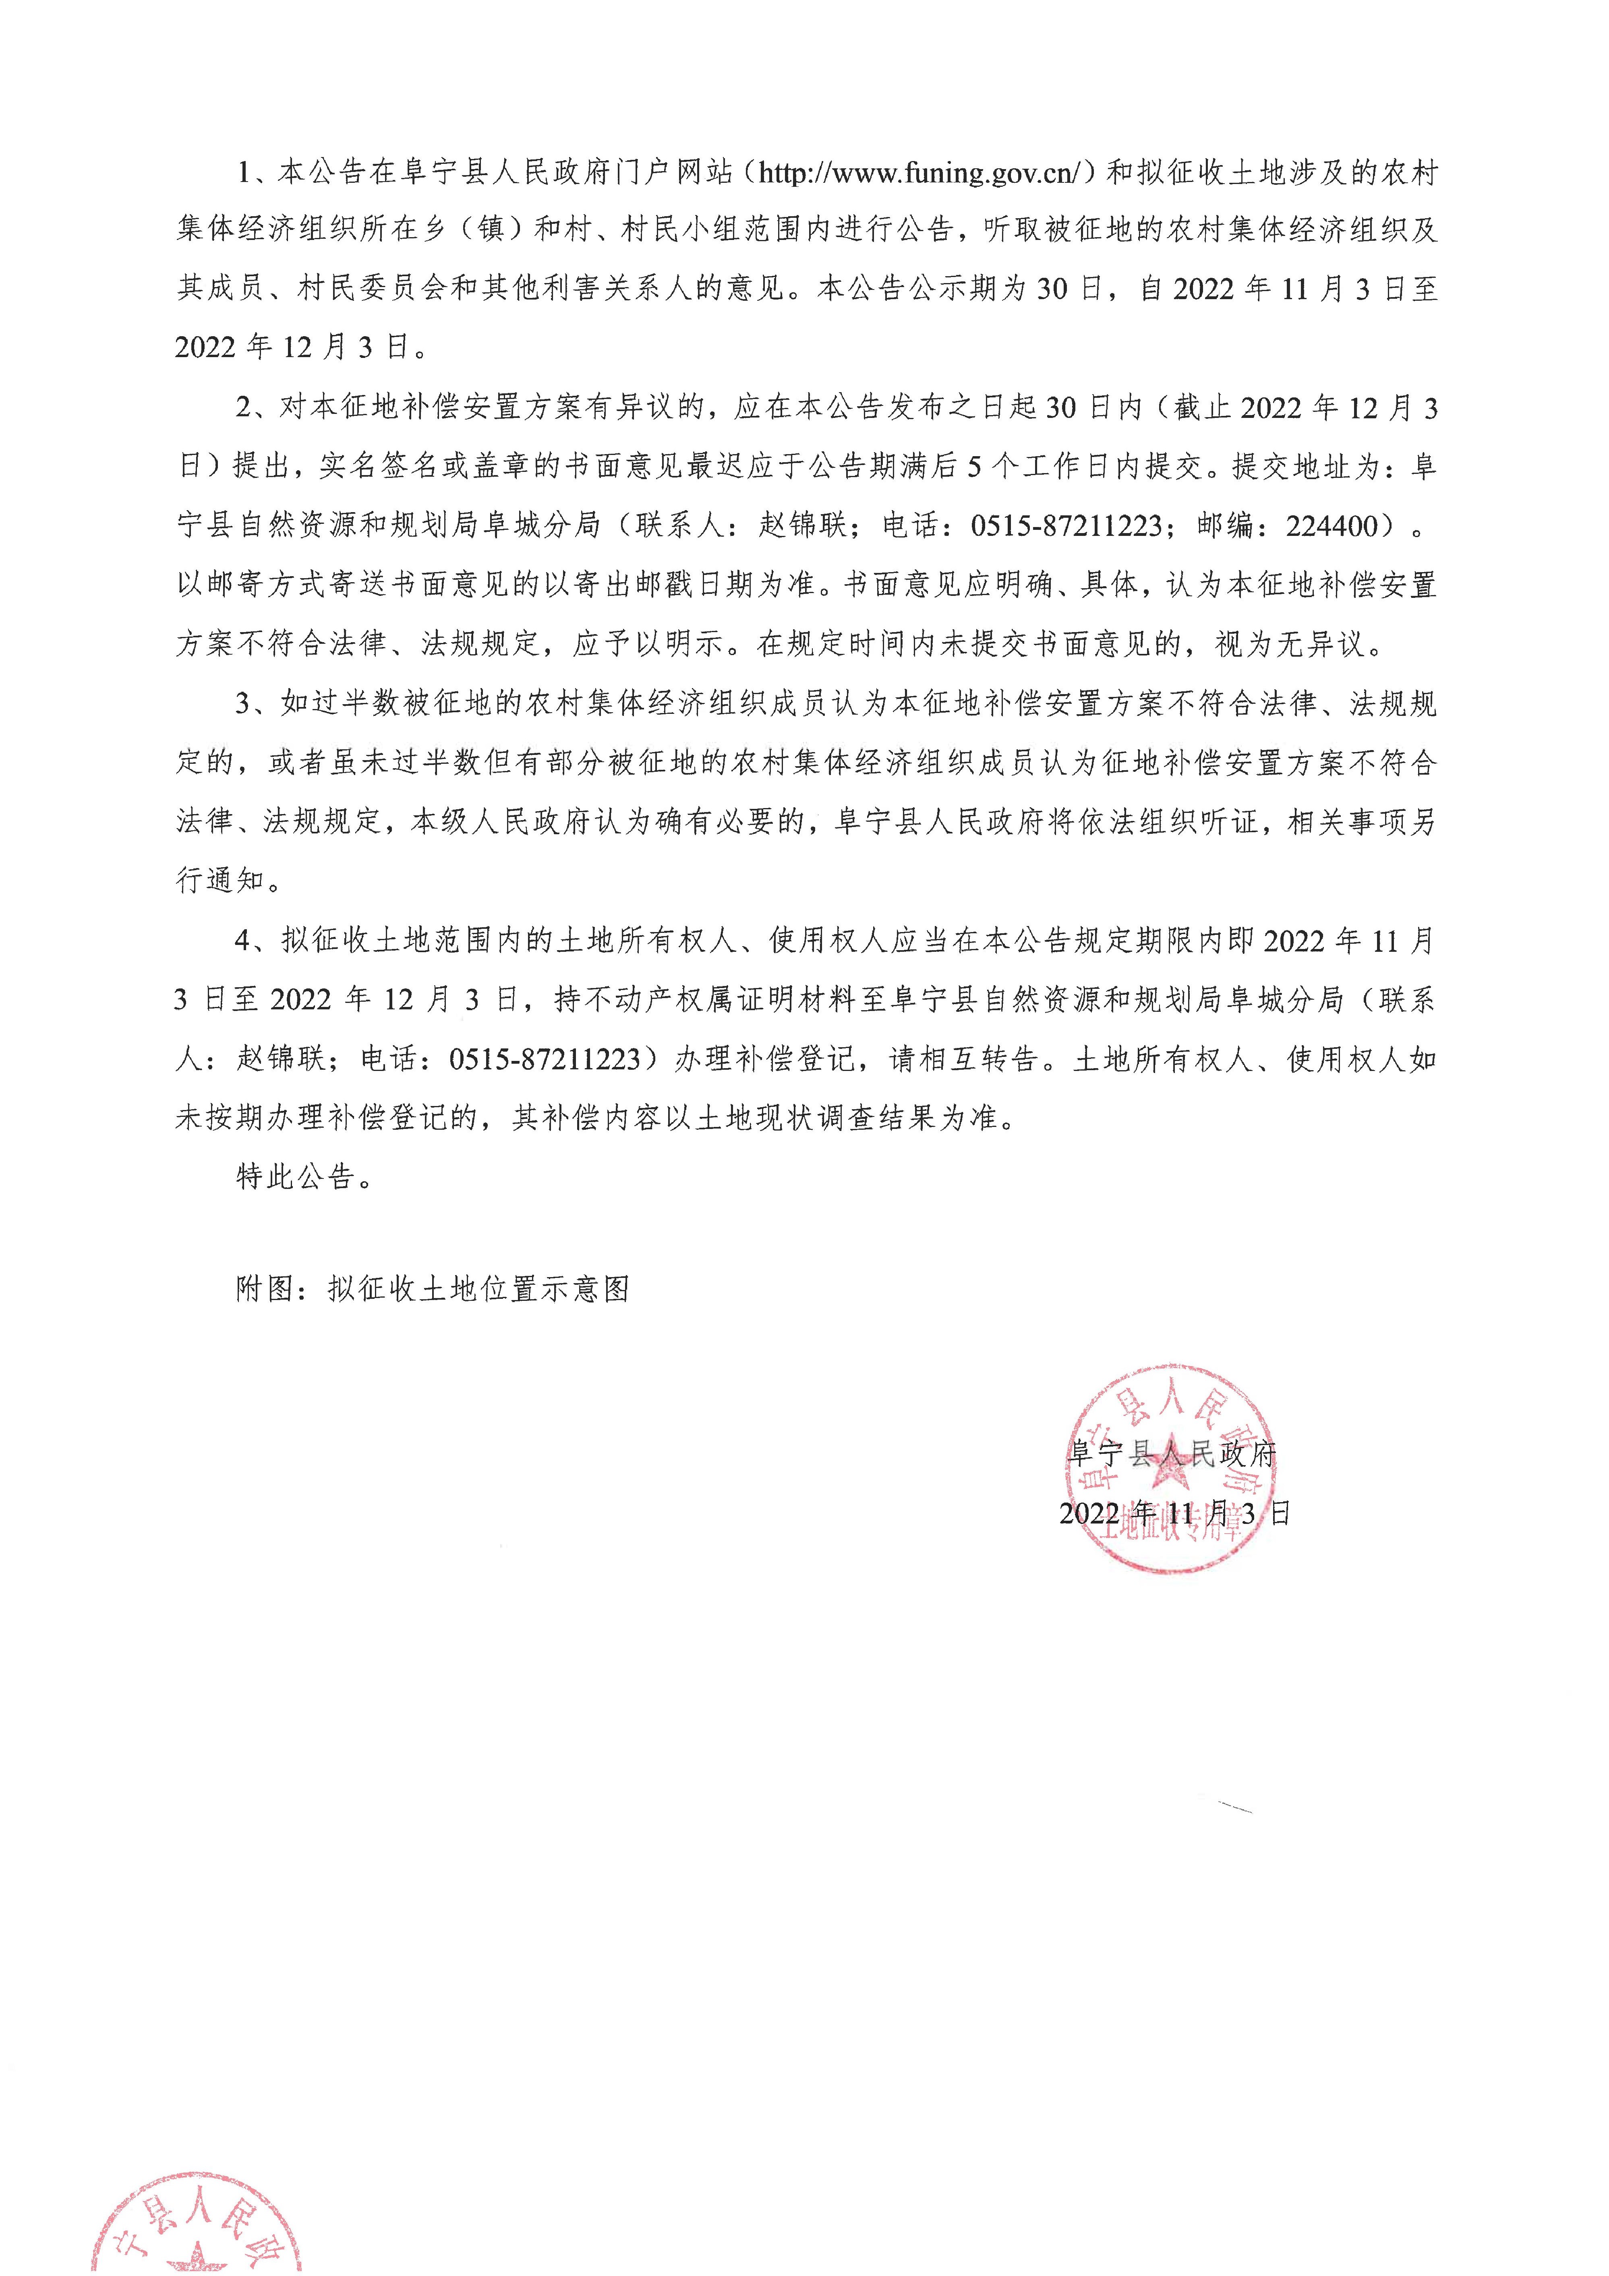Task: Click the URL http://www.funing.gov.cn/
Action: pos(927,174)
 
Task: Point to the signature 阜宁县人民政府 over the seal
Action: pos(1172,1454)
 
